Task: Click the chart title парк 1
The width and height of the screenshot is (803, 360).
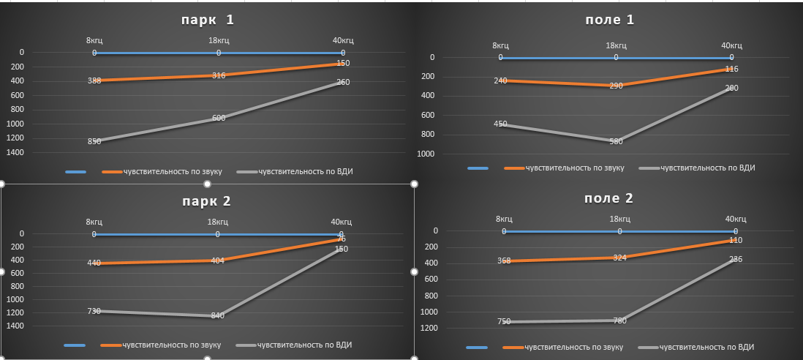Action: (x=208, y=20)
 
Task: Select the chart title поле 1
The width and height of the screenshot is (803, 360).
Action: (x=610, y=20)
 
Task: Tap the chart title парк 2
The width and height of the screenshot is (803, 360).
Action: (x=208, y=200)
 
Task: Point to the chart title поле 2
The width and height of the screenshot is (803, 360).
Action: (x=609, y=198)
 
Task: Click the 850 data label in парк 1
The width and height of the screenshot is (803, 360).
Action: (x=94, y=141)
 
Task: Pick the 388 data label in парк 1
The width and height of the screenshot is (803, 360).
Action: (x=94, y=80)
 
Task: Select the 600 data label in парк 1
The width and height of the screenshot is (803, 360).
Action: (x=218, y=119)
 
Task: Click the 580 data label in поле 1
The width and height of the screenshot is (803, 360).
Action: (x=616, y=141)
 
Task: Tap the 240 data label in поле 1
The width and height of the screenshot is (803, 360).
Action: (x=500, y=80)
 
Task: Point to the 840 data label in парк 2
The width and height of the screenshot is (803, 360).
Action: (x=217, y=316)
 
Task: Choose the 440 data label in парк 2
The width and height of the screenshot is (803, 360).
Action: (x=94, y=263)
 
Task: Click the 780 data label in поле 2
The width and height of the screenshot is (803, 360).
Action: (x=619, y=320)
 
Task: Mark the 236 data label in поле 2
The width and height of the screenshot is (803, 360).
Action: (x=736, y=259)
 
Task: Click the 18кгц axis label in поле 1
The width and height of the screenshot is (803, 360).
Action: (x=616, y=46)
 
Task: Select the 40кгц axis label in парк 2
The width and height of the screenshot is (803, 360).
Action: (x=341, y=222)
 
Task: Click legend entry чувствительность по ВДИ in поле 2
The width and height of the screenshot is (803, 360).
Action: (x=706, y=347)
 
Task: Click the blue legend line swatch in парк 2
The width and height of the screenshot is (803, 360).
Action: (x=75, y=345)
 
